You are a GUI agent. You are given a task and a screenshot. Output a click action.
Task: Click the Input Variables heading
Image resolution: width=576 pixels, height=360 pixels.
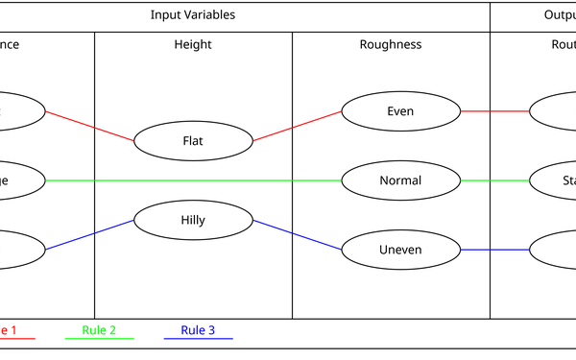pos(192,15)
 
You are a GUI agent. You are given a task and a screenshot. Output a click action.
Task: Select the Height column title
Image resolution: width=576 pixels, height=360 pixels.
pos(193,44)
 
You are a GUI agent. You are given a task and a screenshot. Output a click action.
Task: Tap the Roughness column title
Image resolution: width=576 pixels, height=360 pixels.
pos(391,44)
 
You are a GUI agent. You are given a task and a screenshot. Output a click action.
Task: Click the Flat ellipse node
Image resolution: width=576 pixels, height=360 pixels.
pos(193,141)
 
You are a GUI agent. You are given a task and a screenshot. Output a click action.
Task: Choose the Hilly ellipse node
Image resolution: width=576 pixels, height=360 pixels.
pos(193,219)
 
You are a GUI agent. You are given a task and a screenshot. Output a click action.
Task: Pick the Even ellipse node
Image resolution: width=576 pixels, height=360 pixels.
pos(400,111)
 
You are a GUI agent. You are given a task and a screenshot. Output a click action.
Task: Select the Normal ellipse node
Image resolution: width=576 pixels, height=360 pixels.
pos(400,180)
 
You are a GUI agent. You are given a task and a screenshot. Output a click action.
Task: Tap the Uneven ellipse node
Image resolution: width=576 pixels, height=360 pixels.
pos(400,250)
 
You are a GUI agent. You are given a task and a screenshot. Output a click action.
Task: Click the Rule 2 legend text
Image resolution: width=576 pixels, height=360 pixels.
pos(99,330)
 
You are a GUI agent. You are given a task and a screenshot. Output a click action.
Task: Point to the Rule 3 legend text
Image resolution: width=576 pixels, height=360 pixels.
pos(198,330)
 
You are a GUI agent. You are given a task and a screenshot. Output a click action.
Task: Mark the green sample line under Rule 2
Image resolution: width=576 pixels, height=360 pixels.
pos(99,339)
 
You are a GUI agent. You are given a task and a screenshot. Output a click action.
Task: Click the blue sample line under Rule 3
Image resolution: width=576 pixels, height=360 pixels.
pos(198,339)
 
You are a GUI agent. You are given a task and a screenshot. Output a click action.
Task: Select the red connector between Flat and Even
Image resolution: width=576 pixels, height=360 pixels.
pos(298,126)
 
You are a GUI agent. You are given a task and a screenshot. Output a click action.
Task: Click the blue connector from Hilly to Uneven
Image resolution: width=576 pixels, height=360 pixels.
pos(298,235)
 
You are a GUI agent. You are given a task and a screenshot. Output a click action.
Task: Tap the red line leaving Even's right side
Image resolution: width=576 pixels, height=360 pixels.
pos(494,111)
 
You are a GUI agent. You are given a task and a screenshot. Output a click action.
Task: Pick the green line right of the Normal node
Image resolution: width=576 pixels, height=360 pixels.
pos(494,180)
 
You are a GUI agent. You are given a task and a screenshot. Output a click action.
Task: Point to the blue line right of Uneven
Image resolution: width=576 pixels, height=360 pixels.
pos(494,250)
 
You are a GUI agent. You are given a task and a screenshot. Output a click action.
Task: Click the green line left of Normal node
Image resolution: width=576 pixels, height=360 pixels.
pos(192,180)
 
